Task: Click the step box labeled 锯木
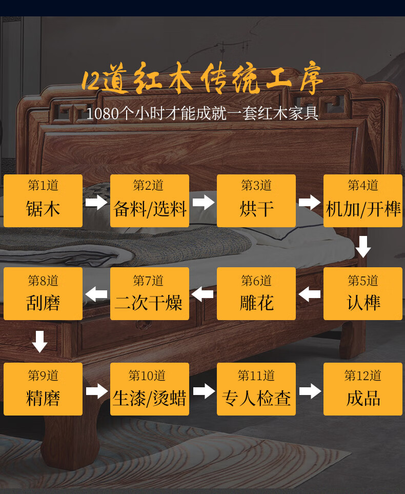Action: click(x=43, y=201)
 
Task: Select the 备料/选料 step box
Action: click(x=150, y=201)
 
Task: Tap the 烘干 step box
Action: click(x=256, y=201)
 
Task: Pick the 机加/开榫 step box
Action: click(x=363, y=201)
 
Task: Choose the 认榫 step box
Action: click(x=363, y=294)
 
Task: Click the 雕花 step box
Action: click(x=256, y=294)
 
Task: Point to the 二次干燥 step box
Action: click(x=150, y=294)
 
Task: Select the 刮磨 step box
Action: click(x=43, y=294)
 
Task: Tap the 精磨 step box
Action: click(x=43, y=389)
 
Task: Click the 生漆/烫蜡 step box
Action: click(x=150, y=389)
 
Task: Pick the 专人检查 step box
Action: click(x=256, y=389)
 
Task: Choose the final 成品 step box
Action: click(x=363, y=389)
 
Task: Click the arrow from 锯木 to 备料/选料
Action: click(x=96, y=202)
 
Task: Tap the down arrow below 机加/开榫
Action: click(x=363, y=247)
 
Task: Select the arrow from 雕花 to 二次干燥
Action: click(x=203, y=294)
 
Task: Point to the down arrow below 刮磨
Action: click(x=39, y=342)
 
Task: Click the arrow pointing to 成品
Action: click(x=310, y=391)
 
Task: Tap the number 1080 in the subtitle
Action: click(x=102, y=113)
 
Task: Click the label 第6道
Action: click(x=256, y=281)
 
